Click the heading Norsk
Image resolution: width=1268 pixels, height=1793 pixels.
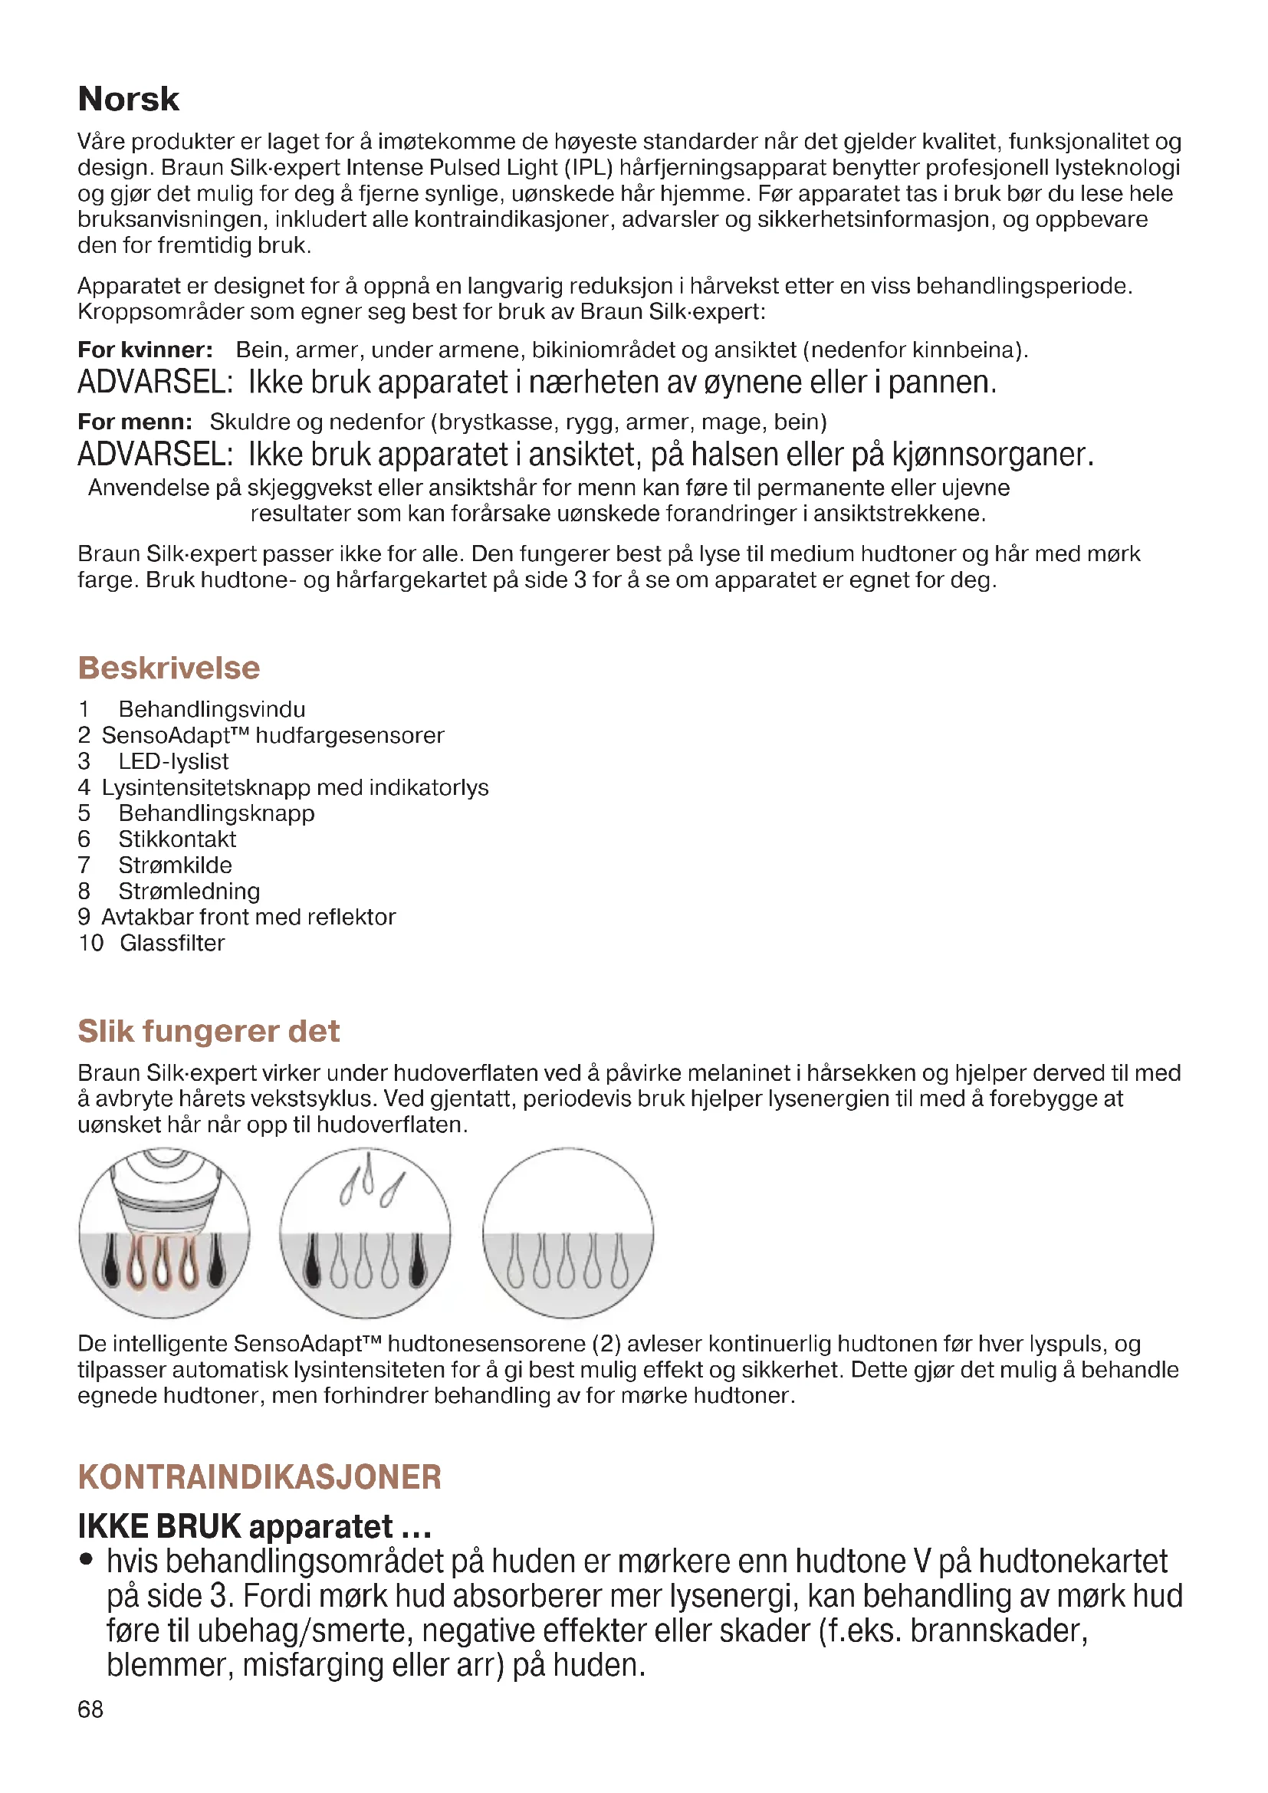tap(128, 99)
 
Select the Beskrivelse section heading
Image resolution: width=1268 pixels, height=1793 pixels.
tap(169, 668)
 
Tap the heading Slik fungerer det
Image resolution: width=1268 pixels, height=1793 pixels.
tap(209, 1031)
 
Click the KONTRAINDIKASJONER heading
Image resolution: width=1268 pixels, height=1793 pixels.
tap(259, 1476)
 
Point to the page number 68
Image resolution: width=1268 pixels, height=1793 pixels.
tap(90, 1709)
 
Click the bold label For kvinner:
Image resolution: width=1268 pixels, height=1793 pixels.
tap(145, 350)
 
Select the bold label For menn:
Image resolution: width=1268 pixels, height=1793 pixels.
tap(135, 422)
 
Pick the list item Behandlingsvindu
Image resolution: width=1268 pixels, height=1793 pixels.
tap(212, 709)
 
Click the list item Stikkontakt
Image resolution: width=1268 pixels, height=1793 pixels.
tap(177, 839)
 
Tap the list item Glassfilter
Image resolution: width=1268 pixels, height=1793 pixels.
tap(172, 943)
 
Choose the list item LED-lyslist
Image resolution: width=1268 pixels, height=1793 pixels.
tap(173, 760)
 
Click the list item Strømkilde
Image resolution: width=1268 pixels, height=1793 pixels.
tap(175, 865)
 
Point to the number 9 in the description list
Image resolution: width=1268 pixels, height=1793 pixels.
tap(84, 917)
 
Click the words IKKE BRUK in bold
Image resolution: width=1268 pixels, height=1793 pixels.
tap(160, 1526)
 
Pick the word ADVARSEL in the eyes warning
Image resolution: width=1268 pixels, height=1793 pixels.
tap(155, 383)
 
